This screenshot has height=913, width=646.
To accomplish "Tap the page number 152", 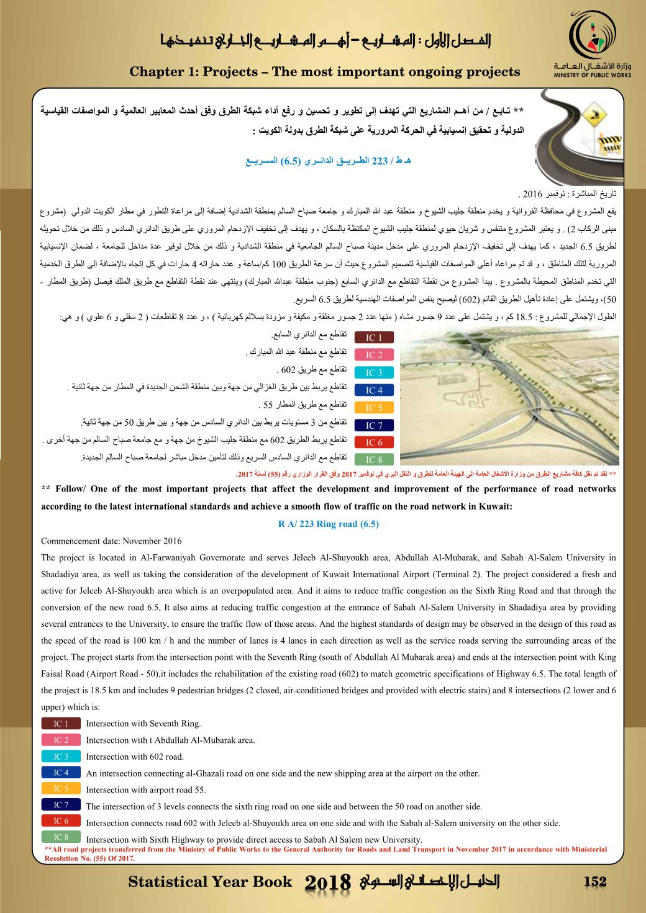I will click(x=595, y=881).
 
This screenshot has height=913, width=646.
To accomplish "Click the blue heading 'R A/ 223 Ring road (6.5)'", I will click(x=329, y=524).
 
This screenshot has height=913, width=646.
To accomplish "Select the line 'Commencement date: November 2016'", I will click(x=111, y=541).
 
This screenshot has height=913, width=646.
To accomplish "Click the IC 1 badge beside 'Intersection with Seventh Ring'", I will click(x=61, y=723).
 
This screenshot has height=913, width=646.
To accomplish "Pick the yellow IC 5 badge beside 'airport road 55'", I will click(x=61, y=789).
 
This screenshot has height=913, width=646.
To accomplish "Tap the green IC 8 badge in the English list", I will click(x=61, y=837).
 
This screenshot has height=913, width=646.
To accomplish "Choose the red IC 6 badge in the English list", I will click(x=61, y=822).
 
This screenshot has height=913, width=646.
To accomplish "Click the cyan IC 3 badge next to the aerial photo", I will click(x=374, y=373).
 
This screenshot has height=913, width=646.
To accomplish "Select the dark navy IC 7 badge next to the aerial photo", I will click(x=374, y=425).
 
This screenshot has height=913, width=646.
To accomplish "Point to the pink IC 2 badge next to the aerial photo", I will click(x=374, y=355).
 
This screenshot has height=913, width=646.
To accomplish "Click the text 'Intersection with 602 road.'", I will click(x=135, y=757).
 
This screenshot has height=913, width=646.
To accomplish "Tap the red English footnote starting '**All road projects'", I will click(x=325, y=853).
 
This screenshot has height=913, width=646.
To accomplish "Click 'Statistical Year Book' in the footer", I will click(x=209, y=882).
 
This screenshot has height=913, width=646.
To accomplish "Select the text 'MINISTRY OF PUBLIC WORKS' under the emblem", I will click(x=591, y=75).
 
